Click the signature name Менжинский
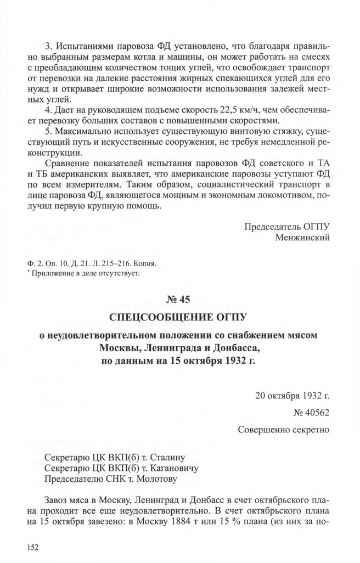[x=305, y=238]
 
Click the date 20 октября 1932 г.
[x=292, y=396]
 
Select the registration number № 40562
[x=308, y=413]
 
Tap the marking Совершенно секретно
[x=283, y=430]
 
